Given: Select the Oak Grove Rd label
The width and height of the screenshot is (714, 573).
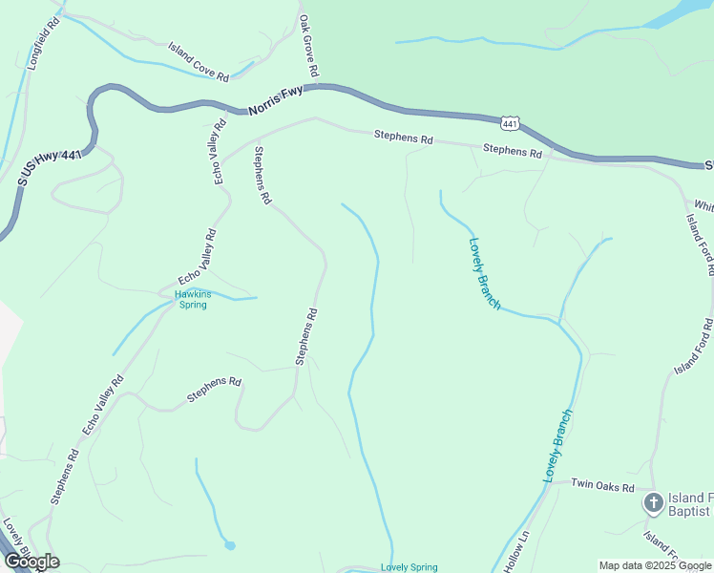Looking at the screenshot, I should click(308, 46).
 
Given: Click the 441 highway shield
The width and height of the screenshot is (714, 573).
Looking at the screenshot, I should click(510, 123).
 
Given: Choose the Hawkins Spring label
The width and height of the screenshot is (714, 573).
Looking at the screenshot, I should click(192, 300).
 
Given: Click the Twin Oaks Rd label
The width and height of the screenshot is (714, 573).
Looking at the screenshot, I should click(603, 486).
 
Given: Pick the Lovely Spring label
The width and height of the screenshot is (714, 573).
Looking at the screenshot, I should click(409, 567).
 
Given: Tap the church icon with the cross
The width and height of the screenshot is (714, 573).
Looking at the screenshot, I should click(654, 502).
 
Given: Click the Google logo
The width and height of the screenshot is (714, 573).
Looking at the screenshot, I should click(31, 562).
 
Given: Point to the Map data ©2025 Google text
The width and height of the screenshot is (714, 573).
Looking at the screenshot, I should click(656, 565).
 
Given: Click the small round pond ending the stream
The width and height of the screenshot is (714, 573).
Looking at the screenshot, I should click(230, 545).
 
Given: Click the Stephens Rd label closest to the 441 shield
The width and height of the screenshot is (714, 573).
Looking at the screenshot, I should click(512, 150).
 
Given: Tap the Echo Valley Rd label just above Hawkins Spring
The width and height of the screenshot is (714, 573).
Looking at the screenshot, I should click(198, 256).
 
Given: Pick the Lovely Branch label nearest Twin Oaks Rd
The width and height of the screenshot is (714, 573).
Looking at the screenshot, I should click(558, 445).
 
